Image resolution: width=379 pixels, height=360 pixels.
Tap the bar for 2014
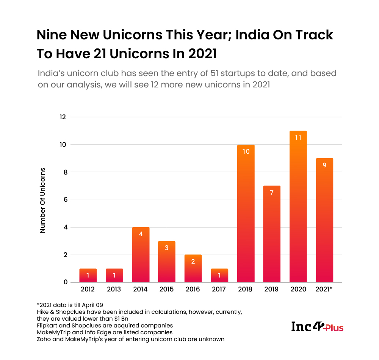pyautogui.click(x=141, y=257)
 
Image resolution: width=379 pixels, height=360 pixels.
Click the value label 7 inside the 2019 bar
pyautogui.click(x=272, y=192)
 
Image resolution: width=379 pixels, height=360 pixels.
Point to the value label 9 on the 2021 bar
pyautogui.click(x=324, y=165)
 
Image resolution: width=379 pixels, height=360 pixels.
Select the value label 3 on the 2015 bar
pyautogui.click(x=167, y=248)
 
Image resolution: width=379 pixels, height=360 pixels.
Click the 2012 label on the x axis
pyautogui.click(x=88, y=290)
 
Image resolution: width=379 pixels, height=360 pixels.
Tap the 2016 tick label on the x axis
pyautogui.click(x=193, y=290)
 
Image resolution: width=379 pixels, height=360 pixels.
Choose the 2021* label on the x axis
pyautogui.click(x=324, y=290)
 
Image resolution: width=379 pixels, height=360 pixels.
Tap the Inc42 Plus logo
pyautogui.click(x=317, y=327)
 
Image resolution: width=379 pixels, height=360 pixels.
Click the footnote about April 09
pyautogui.click(x=70, y=305)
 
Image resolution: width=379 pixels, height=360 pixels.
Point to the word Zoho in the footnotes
pyautogui.click(x=44, y=339)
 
